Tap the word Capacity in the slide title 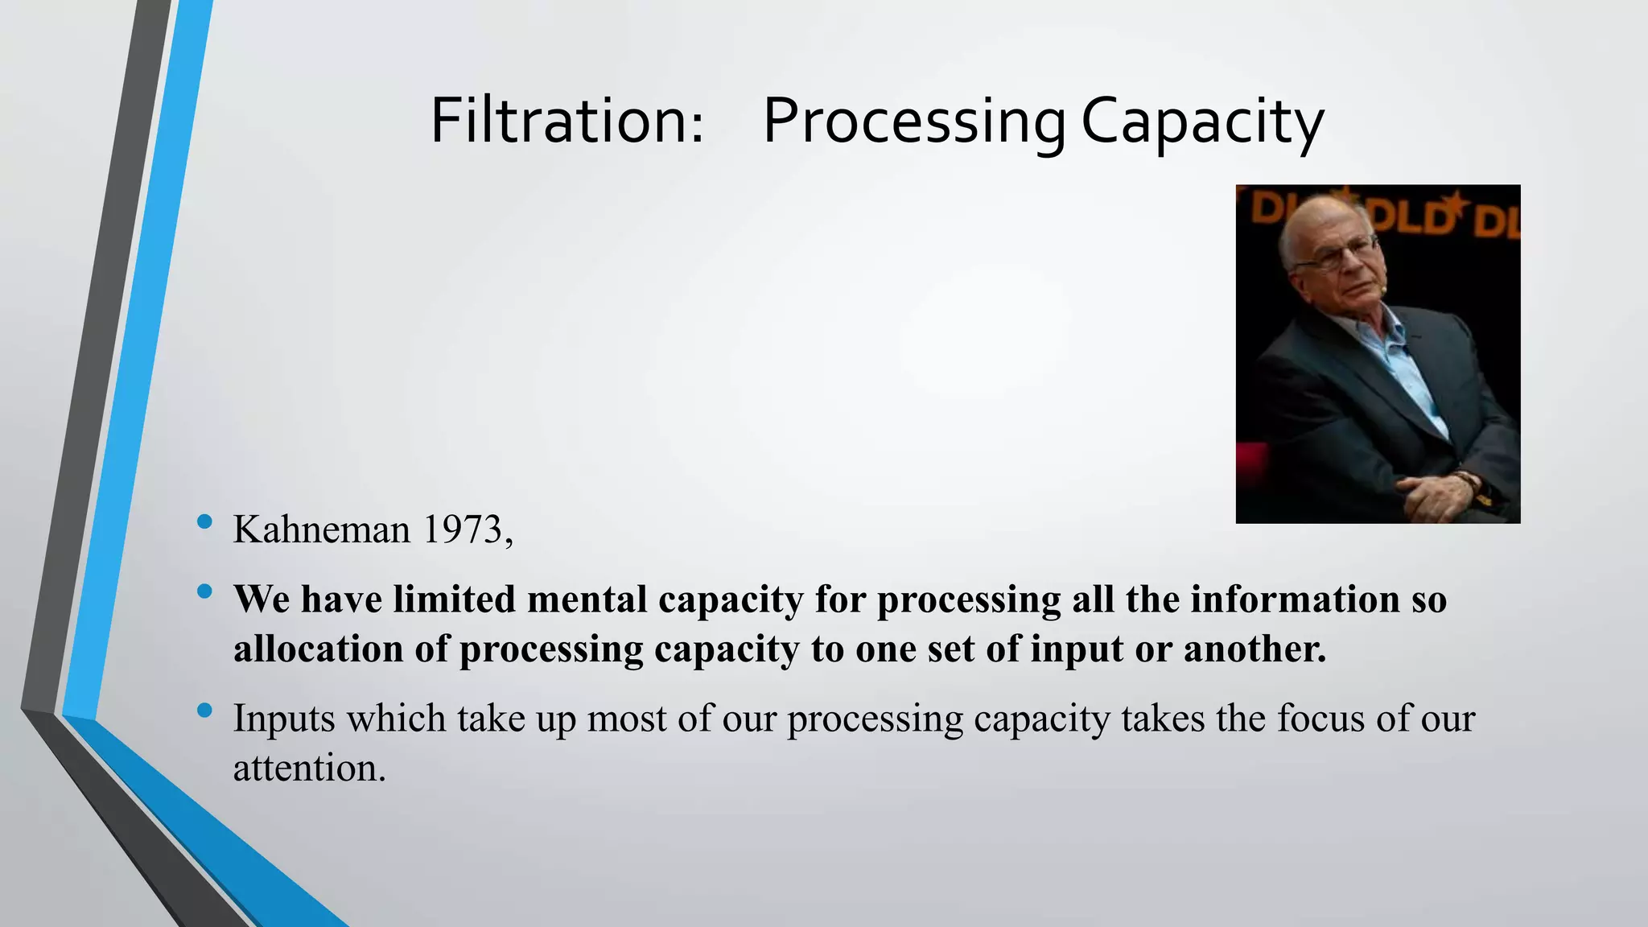[x=1202, y=122]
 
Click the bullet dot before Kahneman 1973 [x=204, y=522]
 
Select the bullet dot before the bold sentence [x=204, y=592]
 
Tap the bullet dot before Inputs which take [x=204, y=711]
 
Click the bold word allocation [x=318, y=649]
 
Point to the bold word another [x=1255, y=649]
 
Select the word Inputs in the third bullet [x=284, y=719]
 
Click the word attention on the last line [x=309, y=768]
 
